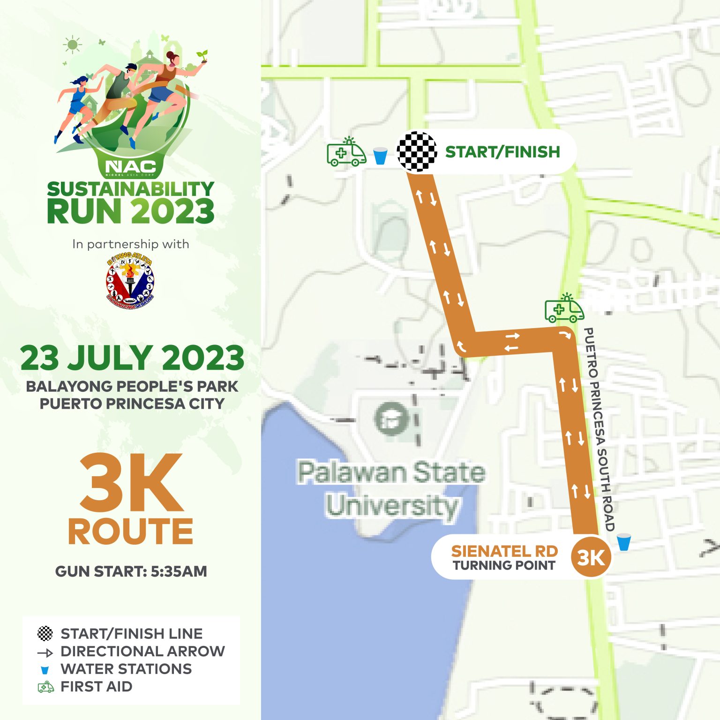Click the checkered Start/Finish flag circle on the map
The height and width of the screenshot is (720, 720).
coord(417,152)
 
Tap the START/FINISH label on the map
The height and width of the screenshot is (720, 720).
coord(502,152)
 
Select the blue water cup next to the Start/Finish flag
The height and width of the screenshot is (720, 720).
coord(380,156)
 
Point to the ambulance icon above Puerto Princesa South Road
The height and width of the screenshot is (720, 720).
coord(564,309)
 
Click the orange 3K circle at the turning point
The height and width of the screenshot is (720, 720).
coord(591,557)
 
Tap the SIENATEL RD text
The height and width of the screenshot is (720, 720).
coord(504,551)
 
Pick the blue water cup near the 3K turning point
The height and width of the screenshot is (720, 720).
coord(623,542)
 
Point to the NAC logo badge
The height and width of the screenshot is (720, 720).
coord(130,166)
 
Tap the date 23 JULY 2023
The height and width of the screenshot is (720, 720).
coord(132,358)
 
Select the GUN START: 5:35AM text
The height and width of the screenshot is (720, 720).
coord(131,571)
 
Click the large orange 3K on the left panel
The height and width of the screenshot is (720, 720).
coord(131,483)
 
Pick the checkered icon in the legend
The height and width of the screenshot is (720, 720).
coord(45,633)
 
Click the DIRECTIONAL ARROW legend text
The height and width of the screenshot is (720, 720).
coord(142,651)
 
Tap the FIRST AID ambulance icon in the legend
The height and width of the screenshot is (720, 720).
coord(45,687)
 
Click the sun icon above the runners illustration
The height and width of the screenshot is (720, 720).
coord(72,45)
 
